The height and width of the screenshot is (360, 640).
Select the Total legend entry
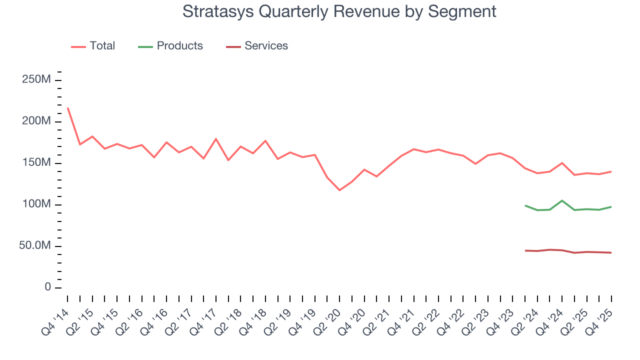click(93, 46)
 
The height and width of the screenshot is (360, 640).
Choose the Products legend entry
click(170, 46)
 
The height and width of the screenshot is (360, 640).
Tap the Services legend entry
click(257, 46)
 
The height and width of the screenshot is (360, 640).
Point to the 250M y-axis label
click(36, 80)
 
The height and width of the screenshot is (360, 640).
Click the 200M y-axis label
click(36, 121)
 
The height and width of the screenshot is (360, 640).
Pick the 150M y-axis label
click(36, 163)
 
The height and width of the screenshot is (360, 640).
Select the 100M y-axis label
click(36, 204)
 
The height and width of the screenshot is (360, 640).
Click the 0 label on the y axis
click(47, 287)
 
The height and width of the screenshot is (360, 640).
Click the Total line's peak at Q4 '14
click(67, 107)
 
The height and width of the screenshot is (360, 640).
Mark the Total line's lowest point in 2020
click(339, 190)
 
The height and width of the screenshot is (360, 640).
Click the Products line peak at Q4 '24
click(562, 200)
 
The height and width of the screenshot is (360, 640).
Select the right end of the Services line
click(611, 252)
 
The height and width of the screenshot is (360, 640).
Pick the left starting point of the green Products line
click(525, 205)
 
